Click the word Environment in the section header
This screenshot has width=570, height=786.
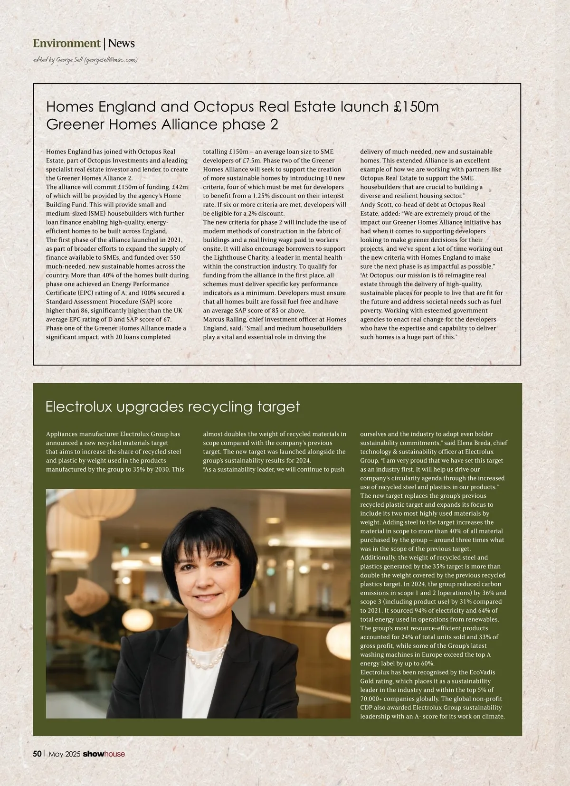(x=66, y=43)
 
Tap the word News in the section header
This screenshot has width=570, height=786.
(x=122, y=43)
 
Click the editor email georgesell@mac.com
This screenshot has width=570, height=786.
(x=111, y=60)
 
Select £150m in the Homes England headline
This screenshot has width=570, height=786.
(x=417, y=106)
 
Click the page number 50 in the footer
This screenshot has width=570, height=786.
(x=37, y=754)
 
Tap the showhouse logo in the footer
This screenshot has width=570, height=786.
(x=104, y=754)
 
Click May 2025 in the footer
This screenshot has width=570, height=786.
(x=64, y=754)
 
